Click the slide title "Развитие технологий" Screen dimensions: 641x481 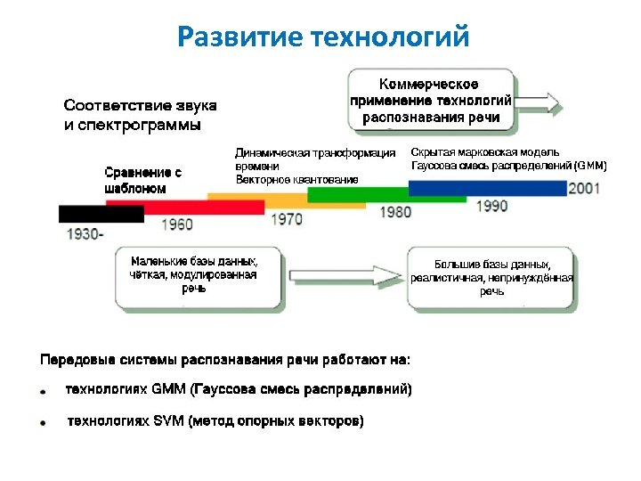321,37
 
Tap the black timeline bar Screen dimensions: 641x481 101,214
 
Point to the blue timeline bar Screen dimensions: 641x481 487,188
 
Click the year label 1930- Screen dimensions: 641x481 85,234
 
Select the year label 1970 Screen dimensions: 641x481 286,218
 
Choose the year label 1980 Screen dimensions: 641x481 395,212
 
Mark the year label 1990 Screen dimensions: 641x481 491,206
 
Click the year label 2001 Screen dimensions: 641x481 584,188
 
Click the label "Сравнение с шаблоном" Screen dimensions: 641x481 142,180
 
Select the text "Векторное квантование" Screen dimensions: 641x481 296,179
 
